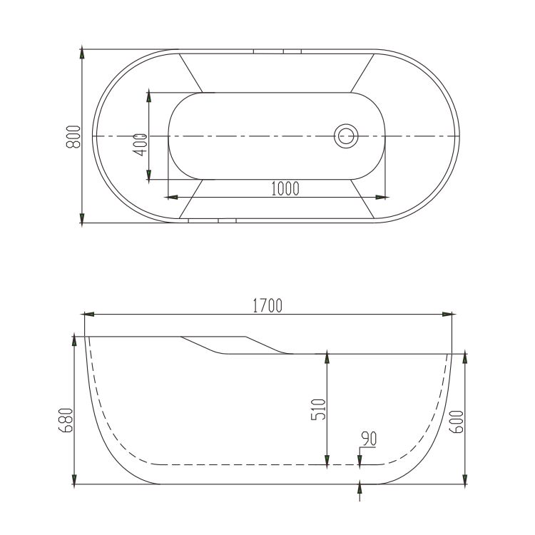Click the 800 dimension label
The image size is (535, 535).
tap(73, 136)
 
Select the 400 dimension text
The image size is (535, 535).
tap(140, 145)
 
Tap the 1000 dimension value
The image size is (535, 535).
tap(285, 188)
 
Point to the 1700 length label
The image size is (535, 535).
tap(267, 305)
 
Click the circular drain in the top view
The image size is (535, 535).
tap(346, 135)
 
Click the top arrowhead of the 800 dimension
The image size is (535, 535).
tap(82, 53)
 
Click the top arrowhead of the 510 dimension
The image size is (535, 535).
tap(327, 355)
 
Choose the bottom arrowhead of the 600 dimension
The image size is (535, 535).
tap(465, 478)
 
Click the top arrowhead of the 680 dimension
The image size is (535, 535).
tap(74, 340)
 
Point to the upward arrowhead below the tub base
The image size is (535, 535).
tap(360, 489)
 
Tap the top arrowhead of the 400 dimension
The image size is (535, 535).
tap(148, 95)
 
